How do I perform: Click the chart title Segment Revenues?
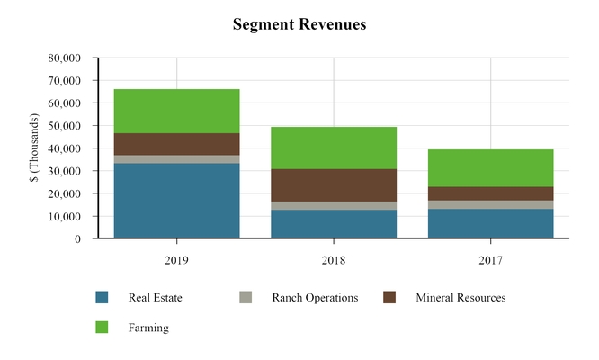(299, 25)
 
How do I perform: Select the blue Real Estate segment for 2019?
(176, 201)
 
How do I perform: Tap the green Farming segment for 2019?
(176, 111)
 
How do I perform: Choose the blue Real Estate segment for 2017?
(490, 224)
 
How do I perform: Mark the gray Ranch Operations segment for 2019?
(176, 159)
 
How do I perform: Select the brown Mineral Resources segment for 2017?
(490, 193)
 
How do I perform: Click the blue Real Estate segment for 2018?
(334, 224)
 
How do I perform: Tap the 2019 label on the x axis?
(176, 260)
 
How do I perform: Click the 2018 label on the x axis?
(334, 260)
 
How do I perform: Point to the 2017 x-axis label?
(490, 260)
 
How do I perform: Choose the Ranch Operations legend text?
(314, 298)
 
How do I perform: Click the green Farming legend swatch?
(102, 328)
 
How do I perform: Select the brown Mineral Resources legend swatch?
(389, 298)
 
